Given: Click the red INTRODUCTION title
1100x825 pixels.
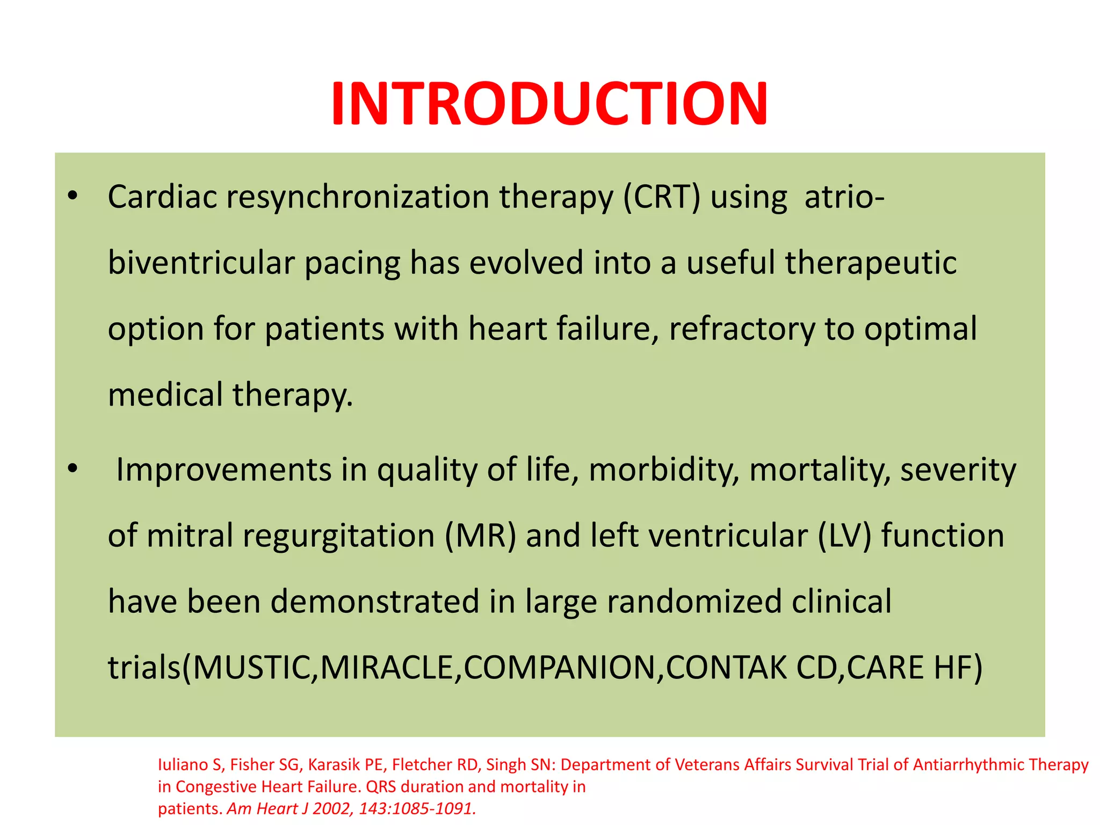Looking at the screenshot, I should pyautogui.click(x=549, y=103).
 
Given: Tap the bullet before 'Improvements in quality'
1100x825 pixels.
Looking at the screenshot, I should pyautogui.click(x=73, y=468).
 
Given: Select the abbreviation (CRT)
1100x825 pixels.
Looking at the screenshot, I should pyautogui.click(x=662, y=197).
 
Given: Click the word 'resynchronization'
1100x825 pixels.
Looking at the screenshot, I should pyautogui.click(x=358, y=197).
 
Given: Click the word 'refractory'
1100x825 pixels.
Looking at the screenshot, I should pyautogui.click(x=742, y=329).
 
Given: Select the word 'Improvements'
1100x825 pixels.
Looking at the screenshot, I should pyautogui.click(x=223, y=470).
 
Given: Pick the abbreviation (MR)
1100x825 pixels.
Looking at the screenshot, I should pyautogui.click(x=480, y=536).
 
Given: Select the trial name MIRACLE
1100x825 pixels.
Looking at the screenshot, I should pyautogui.click(x=387, y=668).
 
